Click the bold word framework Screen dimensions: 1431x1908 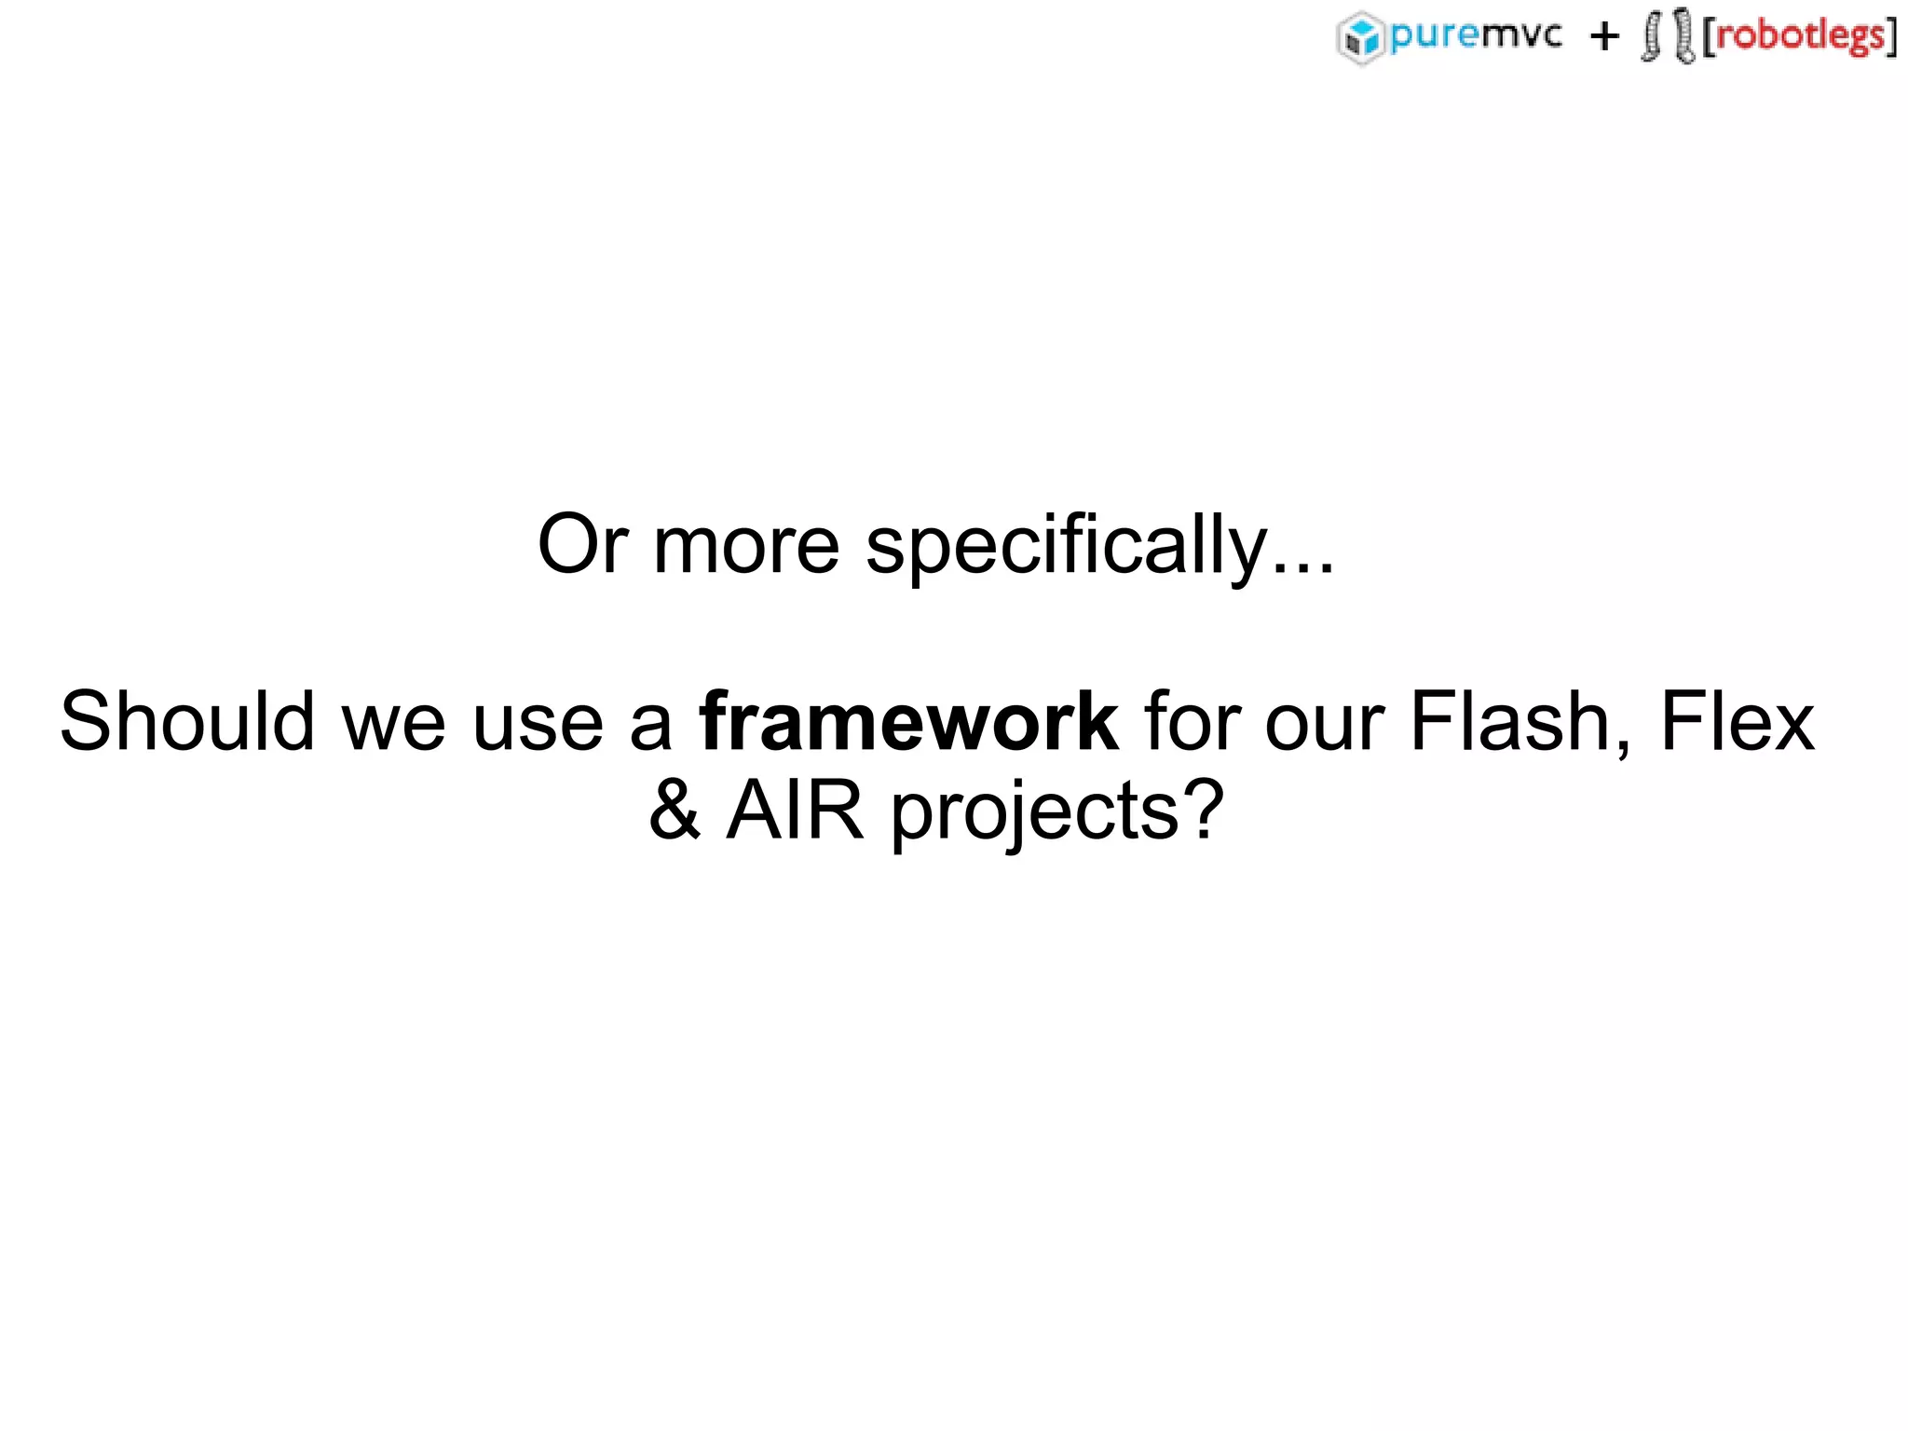tap(908, 722)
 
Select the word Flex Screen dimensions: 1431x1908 tap(1738, 722)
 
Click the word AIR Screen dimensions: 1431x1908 tap(795, 811)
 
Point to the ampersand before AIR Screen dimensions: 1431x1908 tap(675, 811)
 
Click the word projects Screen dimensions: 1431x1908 tap(1035, 813)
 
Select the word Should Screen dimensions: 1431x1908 tap(187, 722)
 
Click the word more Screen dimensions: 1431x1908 tap(746, 547)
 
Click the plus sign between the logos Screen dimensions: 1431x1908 tap(1604, 37)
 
